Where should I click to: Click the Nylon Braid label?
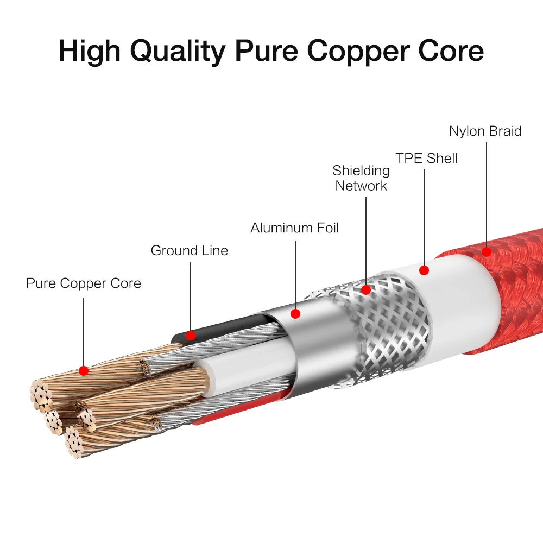coord(485,131)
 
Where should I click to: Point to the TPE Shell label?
coord(426,159)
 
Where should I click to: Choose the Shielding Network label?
coord(361,178)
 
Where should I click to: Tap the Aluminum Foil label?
coord(294,228)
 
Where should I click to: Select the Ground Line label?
coord(189,251)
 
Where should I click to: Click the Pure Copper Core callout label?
coord(84,283)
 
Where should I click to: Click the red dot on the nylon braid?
coord(487,251)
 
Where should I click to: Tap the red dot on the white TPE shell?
coord(424,270)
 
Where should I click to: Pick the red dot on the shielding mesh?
coord(366,290)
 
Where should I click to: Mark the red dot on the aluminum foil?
coord(295,314)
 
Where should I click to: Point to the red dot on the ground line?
coord(190,335)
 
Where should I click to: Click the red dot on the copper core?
coord(84,370)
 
